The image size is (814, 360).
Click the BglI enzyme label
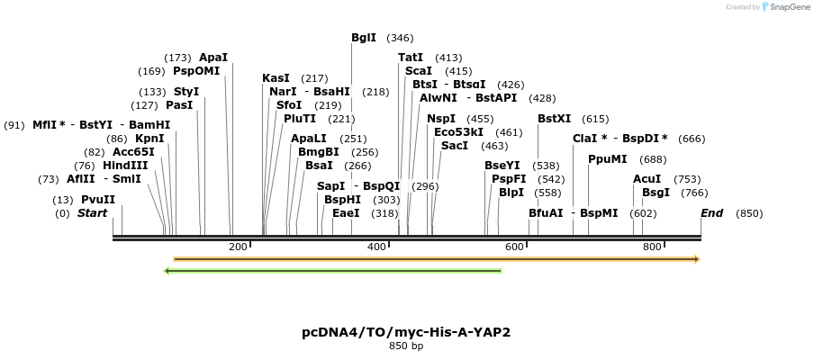(364, 38)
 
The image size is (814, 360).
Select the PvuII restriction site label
(97, 200)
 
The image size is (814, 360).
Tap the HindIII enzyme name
(125, 166)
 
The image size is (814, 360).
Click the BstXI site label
(554, 119)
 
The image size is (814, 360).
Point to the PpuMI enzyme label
(607, 159)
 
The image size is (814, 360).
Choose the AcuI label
(647, 179)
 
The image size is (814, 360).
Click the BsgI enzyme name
(656, 193)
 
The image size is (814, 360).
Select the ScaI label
(419, 71)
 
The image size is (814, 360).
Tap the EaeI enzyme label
(346, 213)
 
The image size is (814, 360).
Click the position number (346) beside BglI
(400, 38)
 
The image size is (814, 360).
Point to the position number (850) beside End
(749, 213)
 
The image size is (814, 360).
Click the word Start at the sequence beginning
(92, 213)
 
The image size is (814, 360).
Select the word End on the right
(711, 213)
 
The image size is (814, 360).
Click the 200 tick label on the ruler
(238, 247)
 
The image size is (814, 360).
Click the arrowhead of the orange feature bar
(696, 259)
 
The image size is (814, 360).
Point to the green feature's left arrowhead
(167, 270)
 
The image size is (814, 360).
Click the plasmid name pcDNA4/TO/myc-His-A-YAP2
(406, 332)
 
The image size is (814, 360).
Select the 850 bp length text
(406, 346)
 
